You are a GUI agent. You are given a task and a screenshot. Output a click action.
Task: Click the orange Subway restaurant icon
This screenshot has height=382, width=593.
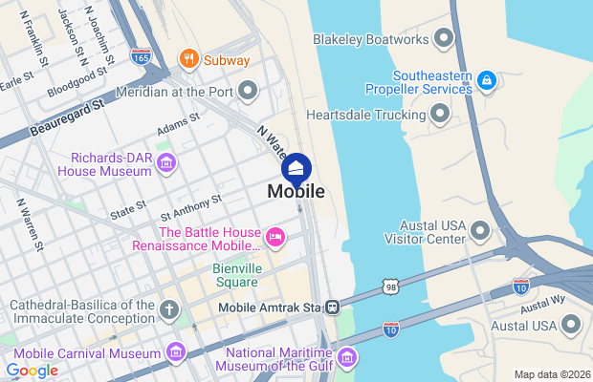[189, 59]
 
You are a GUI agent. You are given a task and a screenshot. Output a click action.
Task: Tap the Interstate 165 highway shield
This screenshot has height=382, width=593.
[141, 55]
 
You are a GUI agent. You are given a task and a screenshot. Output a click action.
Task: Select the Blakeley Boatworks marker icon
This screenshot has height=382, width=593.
[442, 39]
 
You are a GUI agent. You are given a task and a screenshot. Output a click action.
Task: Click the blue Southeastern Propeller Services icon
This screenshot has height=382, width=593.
[486, 78]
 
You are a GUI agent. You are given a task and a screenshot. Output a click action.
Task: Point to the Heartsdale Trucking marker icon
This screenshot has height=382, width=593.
[440, 115]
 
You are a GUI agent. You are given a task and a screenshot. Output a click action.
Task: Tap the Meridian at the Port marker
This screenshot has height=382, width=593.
[248, 93]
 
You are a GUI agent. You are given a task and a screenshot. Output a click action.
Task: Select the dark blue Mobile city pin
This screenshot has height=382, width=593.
[296, 169]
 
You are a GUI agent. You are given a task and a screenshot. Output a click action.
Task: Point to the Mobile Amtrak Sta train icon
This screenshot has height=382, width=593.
[332, 307]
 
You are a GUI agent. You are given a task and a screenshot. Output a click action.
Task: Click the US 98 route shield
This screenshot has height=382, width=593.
[391, 286]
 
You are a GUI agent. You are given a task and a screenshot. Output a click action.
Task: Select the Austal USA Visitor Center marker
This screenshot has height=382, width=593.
[480, 230]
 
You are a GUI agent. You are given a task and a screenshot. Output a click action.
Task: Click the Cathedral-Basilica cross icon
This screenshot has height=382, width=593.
[169, 309]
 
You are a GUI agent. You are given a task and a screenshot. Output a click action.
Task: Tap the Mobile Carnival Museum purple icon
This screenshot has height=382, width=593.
[175, 353]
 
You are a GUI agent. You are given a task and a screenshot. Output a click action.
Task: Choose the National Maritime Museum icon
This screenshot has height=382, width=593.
[347, 357]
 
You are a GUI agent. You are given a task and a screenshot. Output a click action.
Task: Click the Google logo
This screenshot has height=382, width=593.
[32, 370]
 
